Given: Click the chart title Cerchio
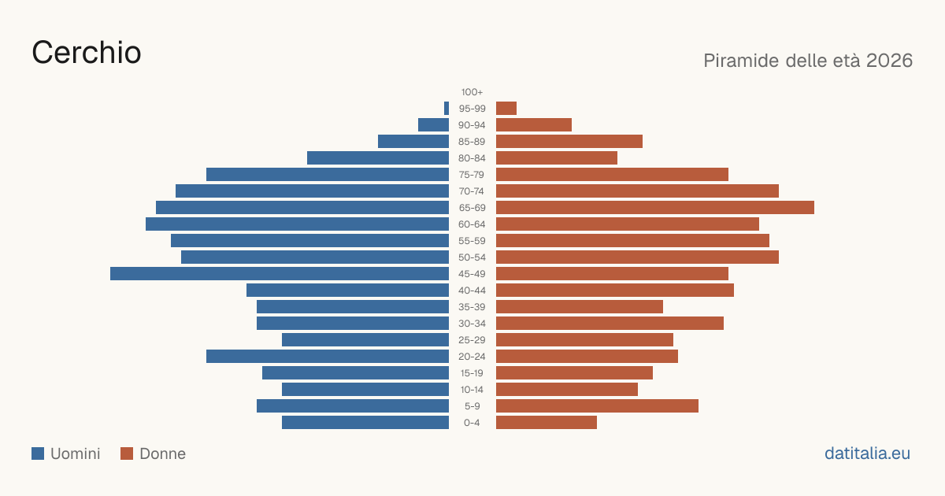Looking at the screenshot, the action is pyautogui.click(x=87, y=53).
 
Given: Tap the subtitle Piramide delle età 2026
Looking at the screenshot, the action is pyautogui.click(x=808, y=61).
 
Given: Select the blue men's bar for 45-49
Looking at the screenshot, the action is pyautogui.click(x=280, y=274).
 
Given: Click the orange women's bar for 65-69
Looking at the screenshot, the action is pyautogui.click(x=655, y=208).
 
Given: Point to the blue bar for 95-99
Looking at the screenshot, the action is pyautogui.click(x=447, y=109).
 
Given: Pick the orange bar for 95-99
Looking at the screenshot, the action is pyautogui.click(x=506, y=109).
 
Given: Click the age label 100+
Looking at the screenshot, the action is pyautogui.click(x=472, y=92).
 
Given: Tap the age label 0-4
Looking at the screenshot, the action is pyautogui.click(x=472, y=423).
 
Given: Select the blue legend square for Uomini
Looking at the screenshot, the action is pyautogui.click(x=38, y=453).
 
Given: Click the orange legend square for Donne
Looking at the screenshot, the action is pyautogui.click(x=127, y=453).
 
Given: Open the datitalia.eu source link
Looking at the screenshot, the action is pyautogui.click(x=867, y=453).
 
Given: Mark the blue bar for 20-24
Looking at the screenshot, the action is pyautogui.click(x=328, y=357).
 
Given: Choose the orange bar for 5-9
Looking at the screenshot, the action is pyautogui.click(x=598, y=406).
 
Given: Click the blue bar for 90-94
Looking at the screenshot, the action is pyautogui.click(x=433, y=125).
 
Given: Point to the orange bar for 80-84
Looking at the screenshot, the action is pyautogui.click(x=557, y=158).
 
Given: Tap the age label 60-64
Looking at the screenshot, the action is pyautogui.click(x=472, y=224).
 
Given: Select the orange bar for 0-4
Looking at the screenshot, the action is pyautogui.click(x=547, y=423).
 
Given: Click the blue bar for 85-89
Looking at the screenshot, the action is pyautogui.click(x=413, y=141).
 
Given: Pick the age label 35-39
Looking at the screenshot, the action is pyautogui.click(x=472, y=307).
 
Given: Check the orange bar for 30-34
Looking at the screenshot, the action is pyautogui.click(x=610, y=324).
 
